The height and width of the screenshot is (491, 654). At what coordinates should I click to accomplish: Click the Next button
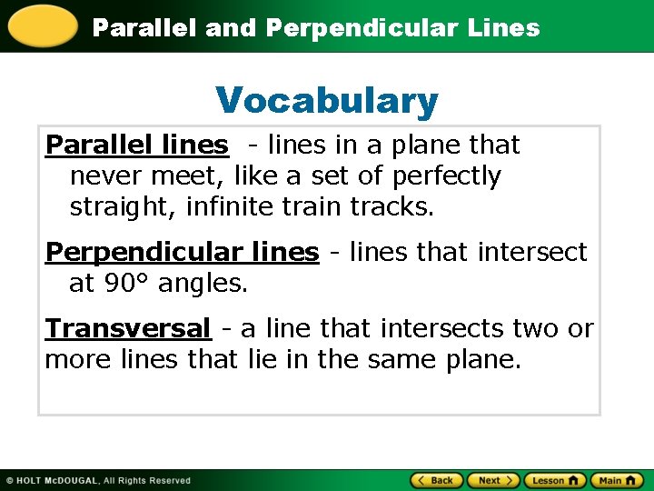point(494,480)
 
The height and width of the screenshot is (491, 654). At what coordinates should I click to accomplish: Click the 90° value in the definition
point(125,283)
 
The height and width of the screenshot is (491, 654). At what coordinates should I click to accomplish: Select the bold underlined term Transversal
point(128,327)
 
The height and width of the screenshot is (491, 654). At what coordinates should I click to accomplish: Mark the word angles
point(202,283)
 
